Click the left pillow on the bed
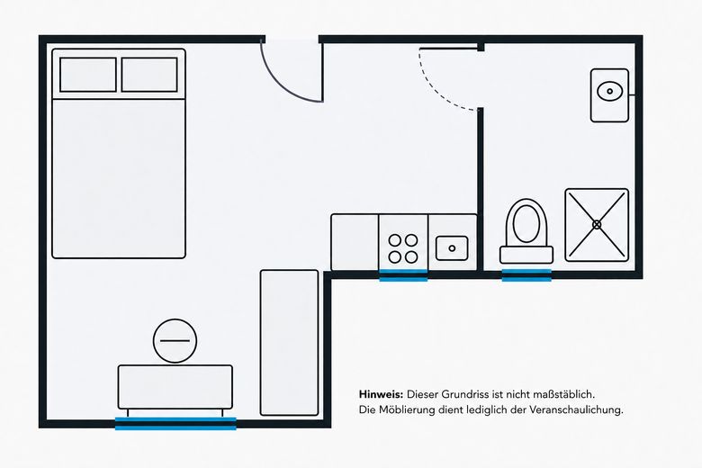coord(88,75)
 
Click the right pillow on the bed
coord(149,75)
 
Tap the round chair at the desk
coord(175,341)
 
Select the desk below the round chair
coord(175,387)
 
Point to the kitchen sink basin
coord(452,248)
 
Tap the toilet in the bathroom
coord(526,231)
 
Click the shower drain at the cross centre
coord(597,225)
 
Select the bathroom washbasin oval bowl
coord(610,92)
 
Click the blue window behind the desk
coord(175,423)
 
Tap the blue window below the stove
coord(403,276)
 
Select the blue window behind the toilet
coord(526,276)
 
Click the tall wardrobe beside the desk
coord(290,343)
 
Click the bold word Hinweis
coord(382,394)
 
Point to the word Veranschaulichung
coord(576,409)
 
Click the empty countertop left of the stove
coord(355,242)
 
